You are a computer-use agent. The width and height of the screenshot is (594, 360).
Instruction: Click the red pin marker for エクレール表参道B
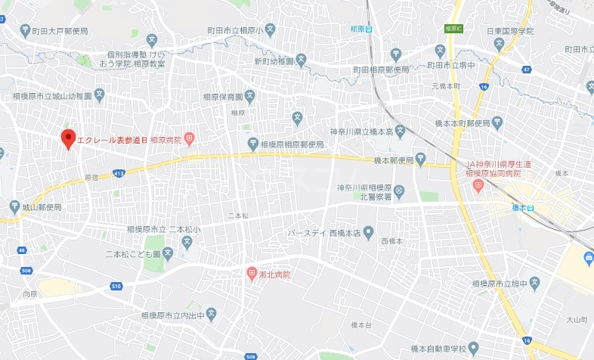(68, 139)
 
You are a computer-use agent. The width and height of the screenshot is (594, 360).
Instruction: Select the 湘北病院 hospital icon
(252, 274)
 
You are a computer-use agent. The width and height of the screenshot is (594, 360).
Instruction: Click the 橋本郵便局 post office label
(394, 160)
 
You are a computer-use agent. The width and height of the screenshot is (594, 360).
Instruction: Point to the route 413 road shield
(118, 174)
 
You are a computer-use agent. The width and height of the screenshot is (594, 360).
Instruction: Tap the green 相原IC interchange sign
(453, 27)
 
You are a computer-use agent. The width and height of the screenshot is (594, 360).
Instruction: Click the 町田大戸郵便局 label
(59, 31)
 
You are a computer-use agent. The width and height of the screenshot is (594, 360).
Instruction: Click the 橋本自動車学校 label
(426, 348)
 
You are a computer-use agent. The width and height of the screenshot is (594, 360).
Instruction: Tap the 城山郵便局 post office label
(42, 206)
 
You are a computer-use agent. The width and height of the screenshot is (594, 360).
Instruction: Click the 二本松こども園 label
(133, 254)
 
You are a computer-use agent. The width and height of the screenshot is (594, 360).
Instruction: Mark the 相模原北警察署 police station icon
(399, 190)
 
